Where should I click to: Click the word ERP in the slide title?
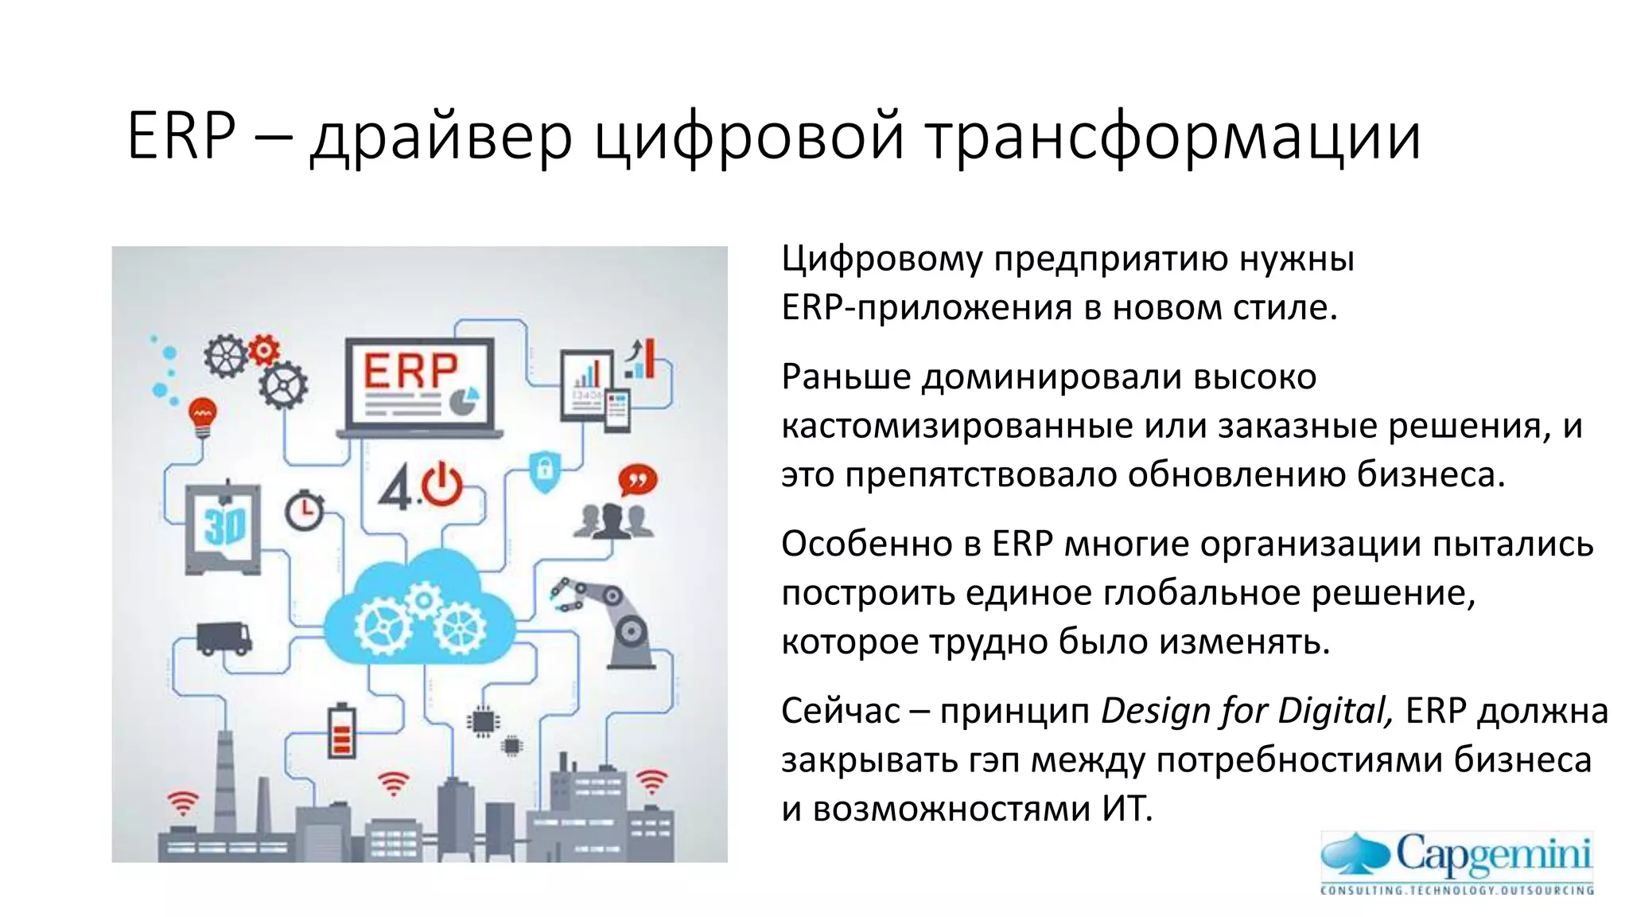181,136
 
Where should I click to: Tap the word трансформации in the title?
1174,138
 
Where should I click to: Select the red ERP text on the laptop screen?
410,372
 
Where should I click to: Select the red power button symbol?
441,486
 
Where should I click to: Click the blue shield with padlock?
545,470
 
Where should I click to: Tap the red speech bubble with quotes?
638,480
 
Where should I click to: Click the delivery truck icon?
224,638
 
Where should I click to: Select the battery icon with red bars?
342,731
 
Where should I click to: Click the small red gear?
263,349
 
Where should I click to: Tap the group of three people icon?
613,522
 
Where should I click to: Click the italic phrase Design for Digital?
1246,711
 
